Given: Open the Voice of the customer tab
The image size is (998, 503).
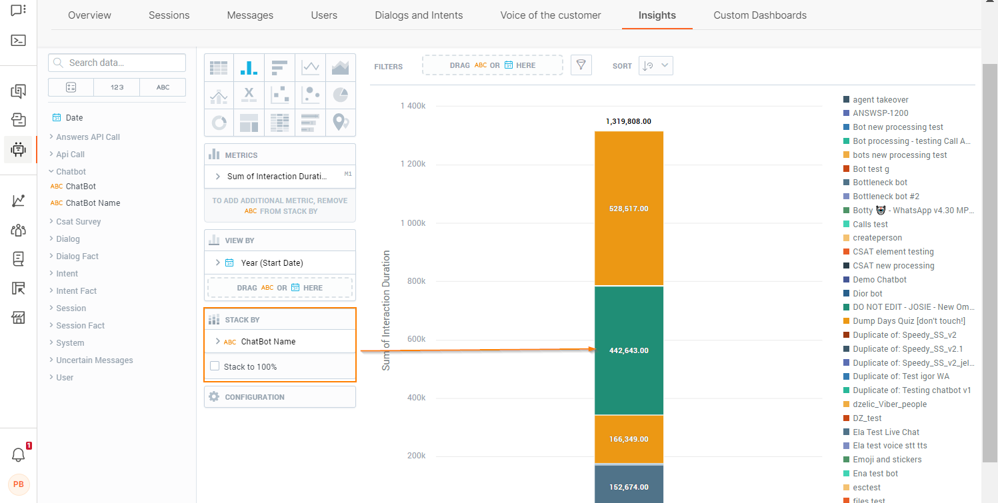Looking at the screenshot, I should point(550,15).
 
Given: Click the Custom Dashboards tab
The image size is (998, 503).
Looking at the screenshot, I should point(759,15).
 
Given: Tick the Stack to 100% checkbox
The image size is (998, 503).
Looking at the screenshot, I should point(215,366).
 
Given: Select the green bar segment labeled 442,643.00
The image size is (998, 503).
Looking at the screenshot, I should point(628,350).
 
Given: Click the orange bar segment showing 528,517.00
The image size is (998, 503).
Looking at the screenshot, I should point(628,209).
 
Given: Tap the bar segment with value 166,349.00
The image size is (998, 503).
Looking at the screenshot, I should point(628,439).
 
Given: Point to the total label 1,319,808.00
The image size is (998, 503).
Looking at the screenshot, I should point(628,121).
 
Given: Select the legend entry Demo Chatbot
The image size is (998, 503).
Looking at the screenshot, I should point(879,280).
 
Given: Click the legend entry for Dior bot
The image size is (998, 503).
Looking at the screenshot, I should point(867,294).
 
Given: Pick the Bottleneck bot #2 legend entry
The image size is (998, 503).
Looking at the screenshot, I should point(885,197).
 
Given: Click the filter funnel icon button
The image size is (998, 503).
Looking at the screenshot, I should point(581,65).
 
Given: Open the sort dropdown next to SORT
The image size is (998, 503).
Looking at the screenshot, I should point(656,65).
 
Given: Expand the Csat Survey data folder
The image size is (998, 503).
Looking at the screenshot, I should point(78,222).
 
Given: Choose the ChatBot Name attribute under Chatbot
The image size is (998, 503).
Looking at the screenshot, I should point(93,203).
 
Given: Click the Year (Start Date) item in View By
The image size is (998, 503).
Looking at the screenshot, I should point(271,263).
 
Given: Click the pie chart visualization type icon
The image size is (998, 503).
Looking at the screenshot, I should point(340,95).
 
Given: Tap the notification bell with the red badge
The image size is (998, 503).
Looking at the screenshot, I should point(19,455).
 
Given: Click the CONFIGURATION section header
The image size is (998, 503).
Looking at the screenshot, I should point(254,397).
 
